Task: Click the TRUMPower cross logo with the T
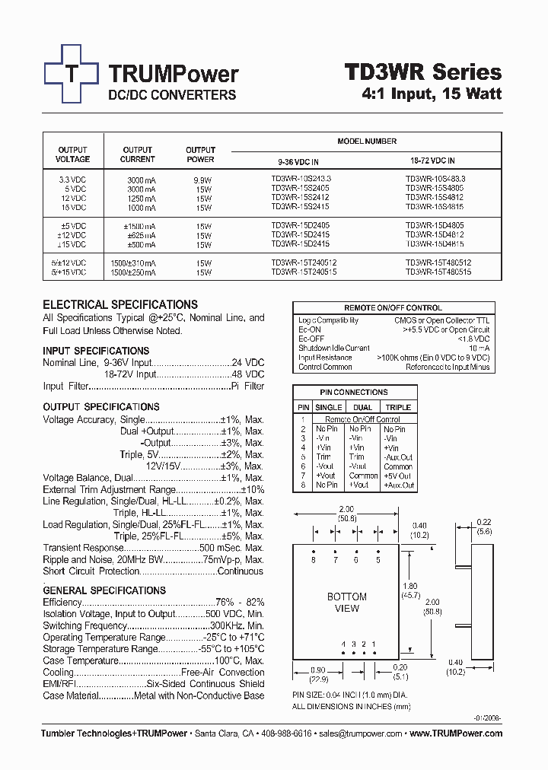point(72,74)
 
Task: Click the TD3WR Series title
point(423,72)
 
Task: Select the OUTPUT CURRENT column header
point(138,154)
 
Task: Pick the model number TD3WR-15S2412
point(301,198)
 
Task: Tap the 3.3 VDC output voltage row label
point(72,178)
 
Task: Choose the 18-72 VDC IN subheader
point(429,161)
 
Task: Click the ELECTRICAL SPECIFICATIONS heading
point(120,304)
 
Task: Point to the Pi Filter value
point(247,387)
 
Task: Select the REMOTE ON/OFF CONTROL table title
point(393,308)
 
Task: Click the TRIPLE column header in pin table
point(398,408)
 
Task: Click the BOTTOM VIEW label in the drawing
point(346,603)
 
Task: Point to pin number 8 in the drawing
point(313,560)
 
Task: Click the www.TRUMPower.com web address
point(456,733)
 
